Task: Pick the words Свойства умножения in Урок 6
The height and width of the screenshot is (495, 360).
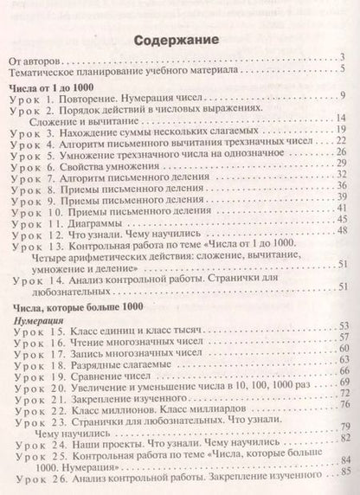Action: (x=113, y=163)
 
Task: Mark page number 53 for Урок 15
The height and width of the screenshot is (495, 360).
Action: (x=343, y=324)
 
